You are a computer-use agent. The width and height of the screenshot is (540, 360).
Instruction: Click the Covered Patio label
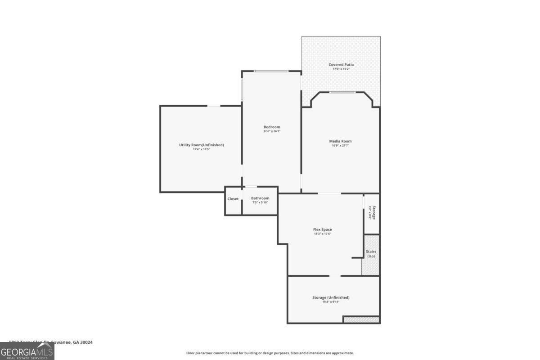pyautogui.click(x=341, y=65)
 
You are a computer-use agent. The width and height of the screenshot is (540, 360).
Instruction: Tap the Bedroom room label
pyautogui.click(x=271, y=127)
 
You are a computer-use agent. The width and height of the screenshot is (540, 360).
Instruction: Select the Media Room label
pyautogui.click(x=340, y=141)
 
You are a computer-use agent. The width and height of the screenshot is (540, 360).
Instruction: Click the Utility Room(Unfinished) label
pyautogui.click(x=201, y=145)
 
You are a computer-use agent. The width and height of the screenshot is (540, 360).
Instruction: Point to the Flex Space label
pyautogui.click(x=322, y=229)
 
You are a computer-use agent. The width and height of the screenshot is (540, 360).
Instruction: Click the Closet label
pyautogui.click(x=233, y=198)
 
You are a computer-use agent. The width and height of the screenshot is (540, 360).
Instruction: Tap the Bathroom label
pyautogui.click(x=260, y=198)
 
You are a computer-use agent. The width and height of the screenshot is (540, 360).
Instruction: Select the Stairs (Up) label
pyautogui.click(x=371, y=254)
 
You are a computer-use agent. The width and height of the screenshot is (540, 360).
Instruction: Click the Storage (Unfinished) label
pyautogui.click(x=331, y=297)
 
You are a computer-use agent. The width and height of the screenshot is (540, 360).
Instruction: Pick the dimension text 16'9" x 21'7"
pyautogui.click(x=340, y=146)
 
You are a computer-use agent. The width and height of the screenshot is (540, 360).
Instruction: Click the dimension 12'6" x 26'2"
pyautogui.click(x=271, y=131)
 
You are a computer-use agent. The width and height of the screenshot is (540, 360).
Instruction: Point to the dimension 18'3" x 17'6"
pyautogui.click(x=322, y=234)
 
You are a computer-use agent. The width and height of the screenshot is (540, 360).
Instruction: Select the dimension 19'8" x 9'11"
pyautogui.click(x=331, y=302)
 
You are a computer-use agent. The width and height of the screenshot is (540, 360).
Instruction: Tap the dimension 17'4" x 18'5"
pyautogui.click(x=201, y=149)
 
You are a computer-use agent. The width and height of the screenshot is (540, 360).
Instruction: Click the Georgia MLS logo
pyautogui.click(x=27, y=351)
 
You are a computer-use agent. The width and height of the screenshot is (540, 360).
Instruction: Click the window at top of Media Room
pyautogui.click(x=342, y=92)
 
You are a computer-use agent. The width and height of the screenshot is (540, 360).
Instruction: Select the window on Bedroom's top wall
pyautogui.click(x=271, y=71)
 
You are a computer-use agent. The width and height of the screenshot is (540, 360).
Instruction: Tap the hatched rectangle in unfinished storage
pyautogui.click(x=361, y=319)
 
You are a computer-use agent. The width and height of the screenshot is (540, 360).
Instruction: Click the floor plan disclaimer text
pyautogui.click(x=270, y=353)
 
